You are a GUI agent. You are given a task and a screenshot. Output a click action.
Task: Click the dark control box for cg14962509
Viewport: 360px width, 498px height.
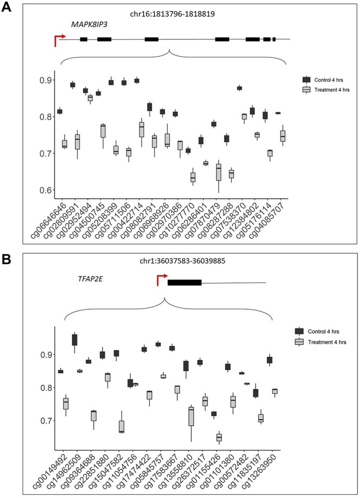point(74,339)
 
